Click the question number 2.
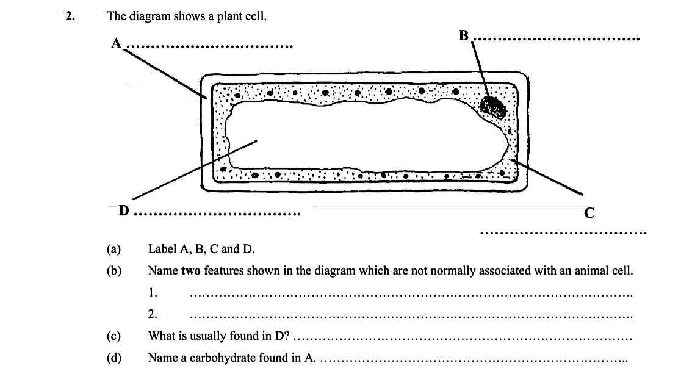point(70,16)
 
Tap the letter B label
point(464,36)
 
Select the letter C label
point(588,213)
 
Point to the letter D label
point(124,210)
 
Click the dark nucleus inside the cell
point(492,106)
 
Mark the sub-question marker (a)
point(113,249)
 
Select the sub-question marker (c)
point(113,336)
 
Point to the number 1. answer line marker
point(153,292)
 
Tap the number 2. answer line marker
point(153,314)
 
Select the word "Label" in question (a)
point(162,249)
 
